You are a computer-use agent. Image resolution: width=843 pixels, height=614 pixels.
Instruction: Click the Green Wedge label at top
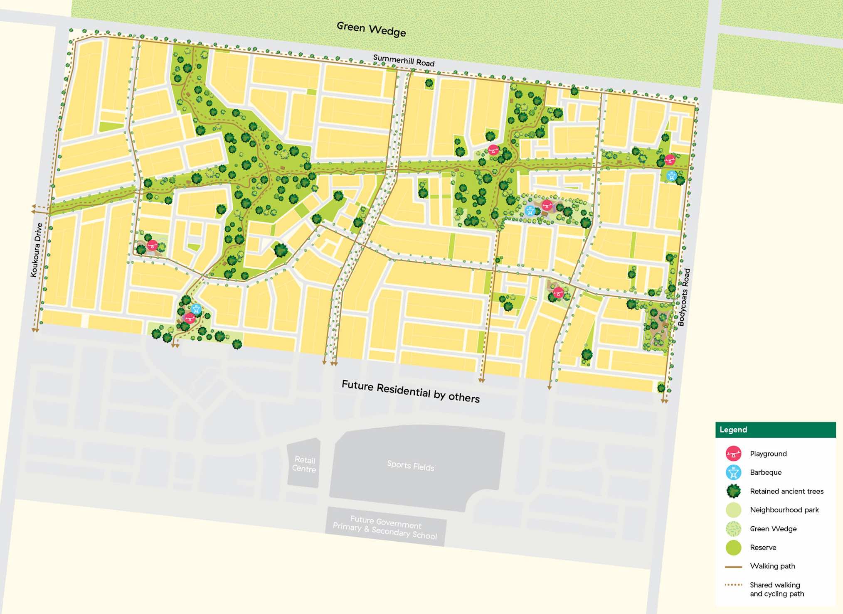371,29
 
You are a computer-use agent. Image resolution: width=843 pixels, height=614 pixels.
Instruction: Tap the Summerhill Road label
403,61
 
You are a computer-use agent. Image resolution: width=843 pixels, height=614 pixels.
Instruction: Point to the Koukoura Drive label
36,250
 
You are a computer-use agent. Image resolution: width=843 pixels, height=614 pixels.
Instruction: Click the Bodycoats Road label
684,297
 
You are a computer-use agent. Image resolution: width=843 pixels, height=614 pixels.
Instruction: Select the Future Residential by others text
410,391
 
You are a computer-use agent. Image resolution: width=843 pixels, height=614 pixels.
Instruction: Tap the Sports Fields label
410,466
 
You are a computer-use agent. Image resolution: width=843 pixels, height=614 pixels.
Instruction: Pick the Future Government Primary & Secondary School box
385,527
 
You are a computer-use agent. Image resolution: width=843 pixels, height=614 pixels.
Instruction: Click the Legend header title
733,430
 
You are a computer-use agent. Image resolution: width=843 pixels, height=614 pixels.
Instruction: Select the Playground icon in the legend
733,454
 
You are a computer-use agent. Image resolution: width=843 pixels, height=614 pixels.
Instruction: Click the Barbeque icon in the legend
733,472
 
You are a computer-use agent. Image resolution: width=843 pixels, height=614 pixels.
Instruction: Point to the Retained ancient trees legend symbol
733,491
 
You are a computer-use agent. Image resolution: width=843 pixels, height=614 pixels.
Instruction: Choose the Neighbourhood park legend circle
733,510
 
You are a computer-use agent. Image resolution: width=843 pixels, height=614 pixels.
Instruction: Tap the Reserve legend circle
733,548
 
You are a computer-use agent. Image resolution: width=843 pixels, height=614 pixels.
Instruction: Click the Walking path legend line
733,566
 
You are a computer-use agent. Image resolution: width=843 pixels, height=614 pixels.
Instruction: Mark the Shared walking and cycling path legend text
776,589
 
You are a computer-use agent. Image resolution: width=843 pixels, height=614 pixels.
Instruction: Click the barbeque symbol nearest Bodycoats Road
671,176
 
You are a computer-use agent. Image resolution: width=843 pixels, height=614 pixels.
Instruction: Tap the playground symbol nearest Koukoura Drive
152,245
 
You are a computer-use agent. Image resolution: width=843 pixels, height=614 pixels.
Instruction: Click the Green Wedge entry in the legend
773,529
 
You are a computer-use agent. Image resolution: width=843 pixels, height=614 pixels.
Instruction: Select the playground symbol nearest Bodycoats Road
669,160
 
